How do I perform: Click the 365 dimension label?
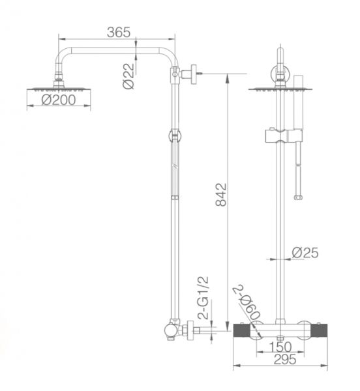119,32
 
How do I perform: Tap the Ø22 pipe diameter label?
128,76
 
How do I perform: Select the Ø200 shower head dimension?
59,100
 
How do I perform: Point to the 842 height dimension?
221,195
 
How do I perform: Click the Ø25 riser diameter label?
305,253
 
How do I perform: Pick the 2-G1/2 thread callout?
203,298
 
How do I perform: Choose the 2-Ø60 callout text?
247,303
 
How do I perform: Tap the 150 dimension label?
280,347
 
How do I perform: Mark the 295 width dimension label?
285,359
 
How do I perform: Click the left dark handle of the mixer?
242,330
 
